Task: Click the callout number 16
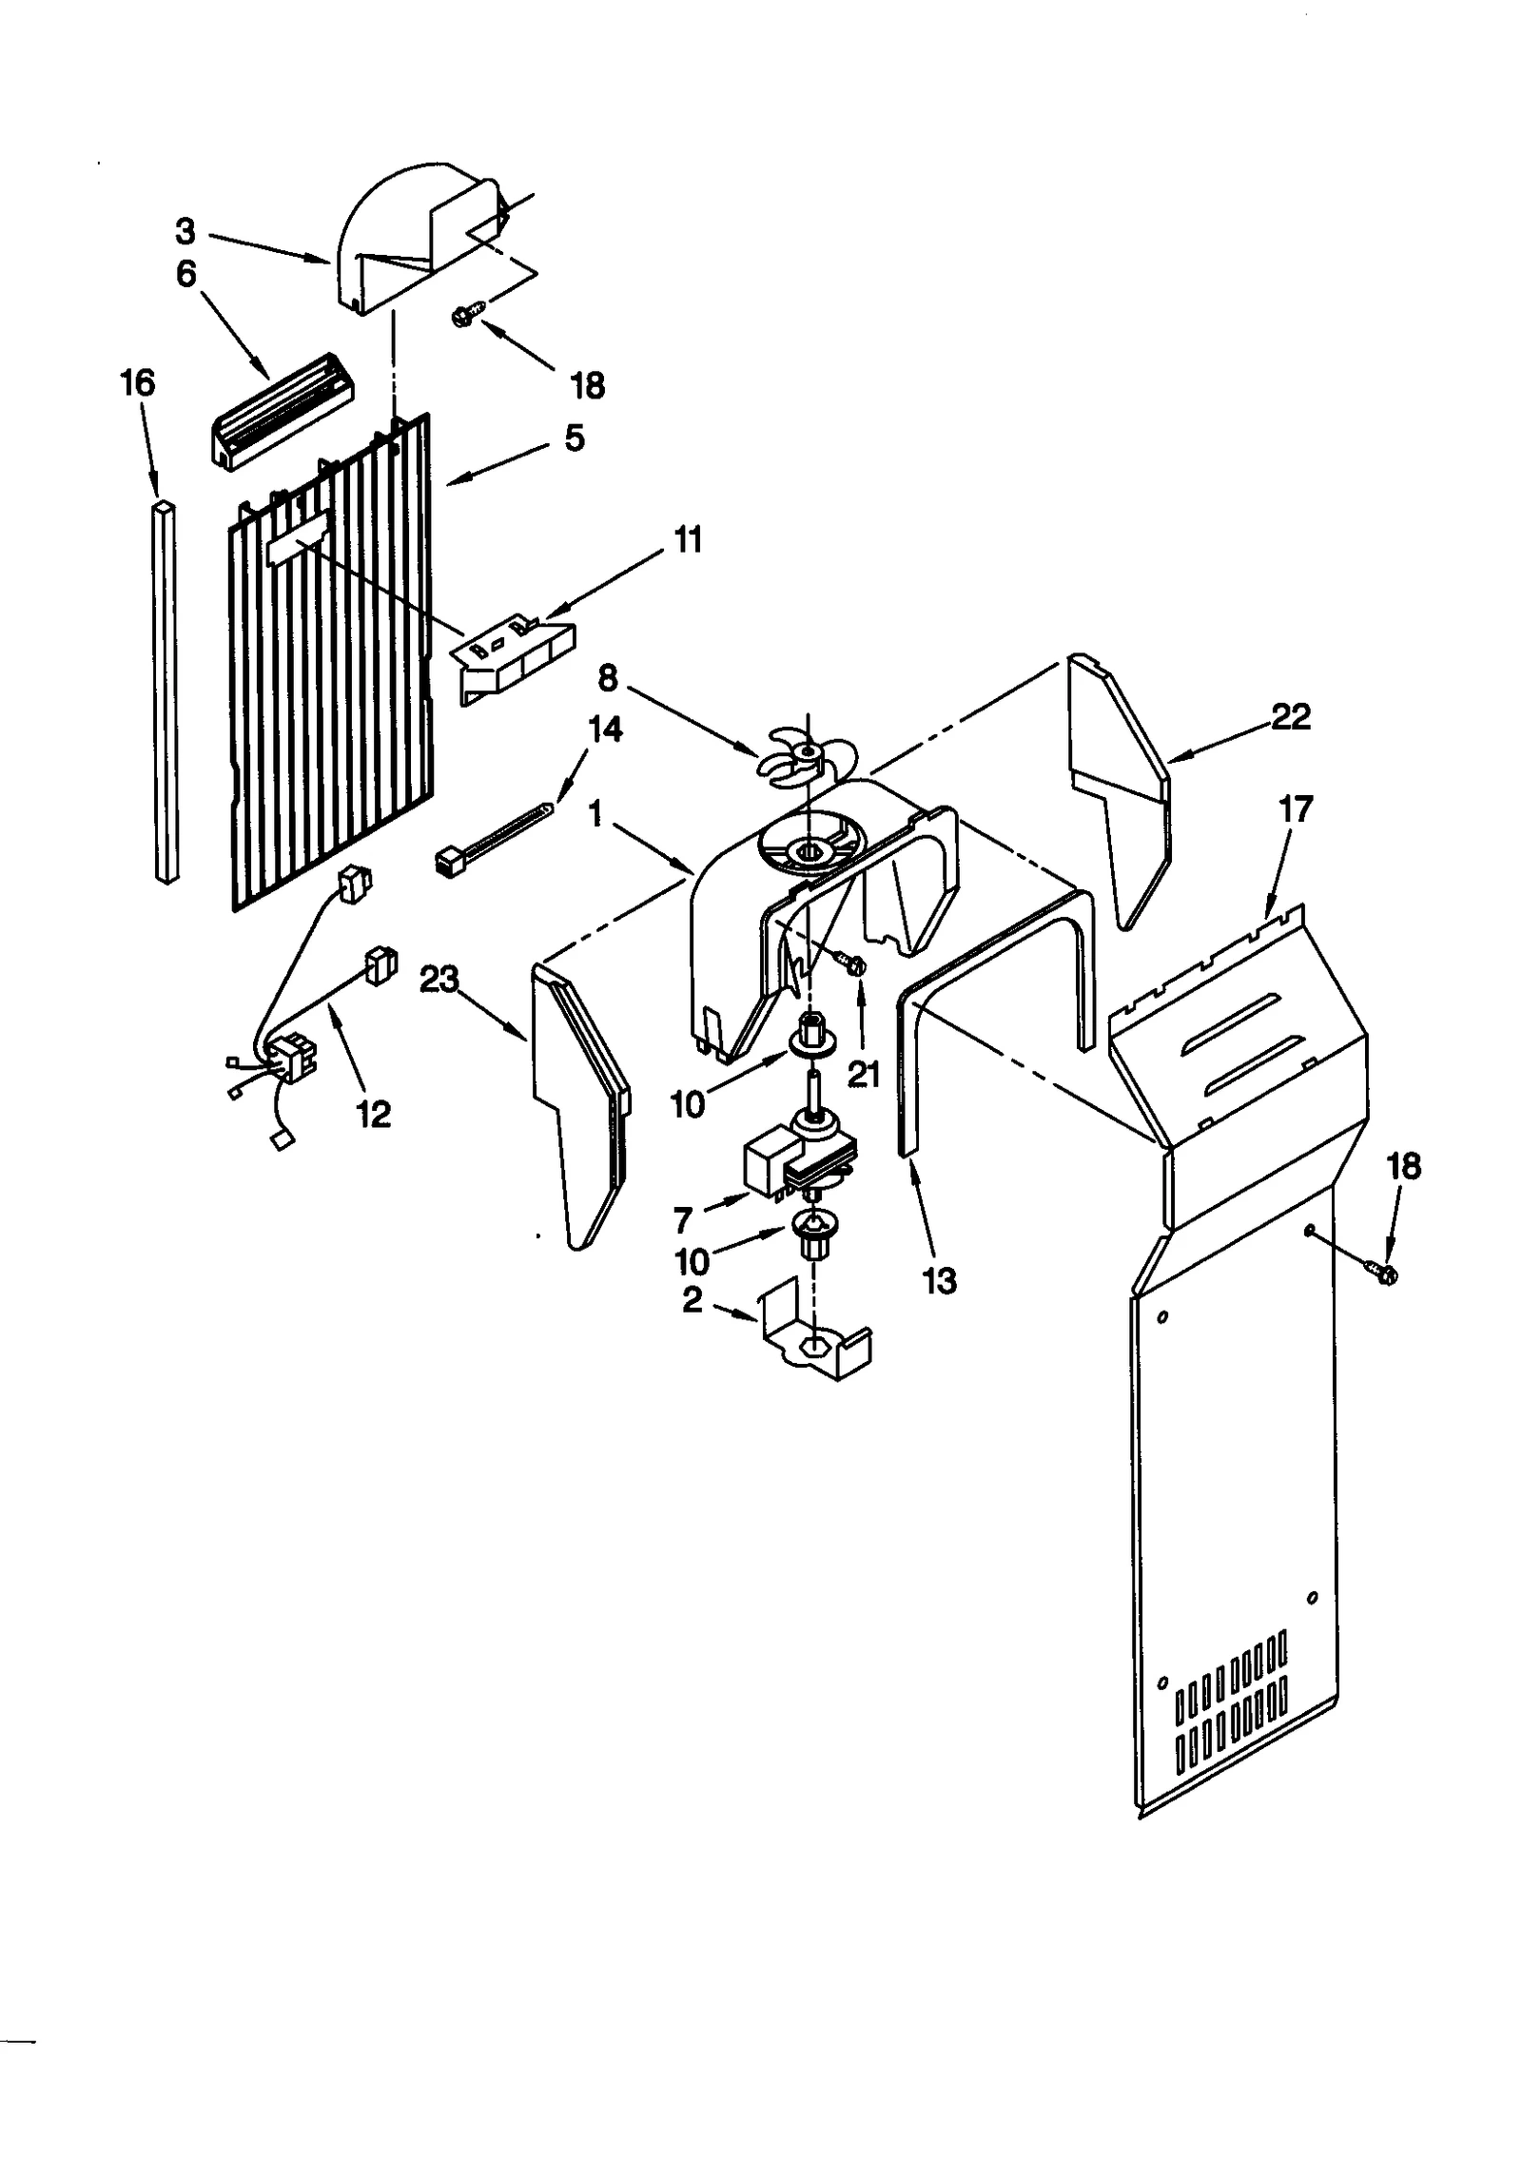(137, 382)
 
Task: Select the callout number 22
(1290, 716)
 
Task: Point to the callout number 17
(1295, 808)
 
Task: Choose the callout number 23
(439, 979)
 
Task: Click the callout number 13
(939, 1280)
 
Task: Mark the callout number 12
(373, 1114)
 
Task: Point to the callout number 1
(595, 814)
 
